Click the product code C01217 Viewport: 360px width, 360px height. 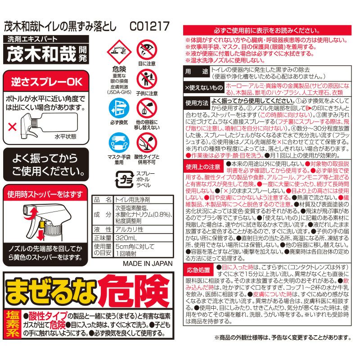[x=149, y=26]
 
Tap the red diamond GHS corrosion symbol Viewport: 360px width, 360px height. [x=119, y=52]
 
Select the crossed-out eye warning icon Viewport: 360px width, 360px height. [x=147, y=50]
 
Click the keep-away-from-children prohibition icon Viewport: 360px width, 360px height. [x=147, y=79]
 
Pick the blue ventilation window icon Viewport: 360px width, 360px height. [x=119, y=108]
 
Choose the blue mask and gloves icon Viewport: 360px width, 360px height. [x=119, y=143]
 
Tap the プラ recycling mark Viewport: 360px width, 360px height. [x=125, y=179]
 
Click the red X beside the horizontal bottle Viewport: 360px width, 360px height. [x=12, y=126]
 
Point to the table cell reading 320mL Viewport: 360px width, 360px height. [x=144, y=238]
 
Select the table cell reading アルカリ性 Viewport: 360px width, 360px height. [x=144, y=229]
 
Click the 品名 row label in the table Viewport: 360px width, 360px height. [x=103, y=199]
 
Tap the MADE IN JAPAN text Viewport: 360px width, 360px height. [x=148, y=264]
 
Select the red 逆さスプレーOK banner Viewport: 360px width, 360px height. [x=46, y=81]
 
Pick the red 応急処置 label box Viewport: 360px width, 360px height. [x=198, y=270]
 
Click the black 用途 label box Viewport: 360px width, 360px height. [x=197, y=72]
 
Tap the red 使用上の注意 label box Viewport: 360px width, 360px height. [x=203, y=166]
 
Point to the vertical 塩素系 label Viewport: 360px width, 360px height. [x=13, y=324]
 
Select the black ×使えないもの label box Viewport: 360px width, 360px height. [x=204, y=87]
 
